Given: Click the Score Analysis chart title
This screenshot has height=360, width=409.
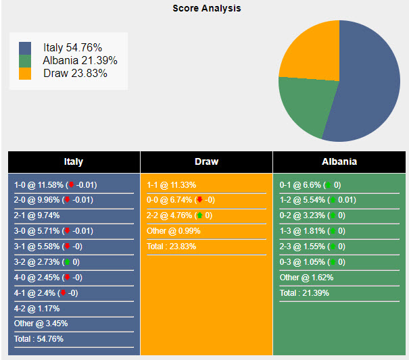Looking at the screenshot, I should coord(206,9).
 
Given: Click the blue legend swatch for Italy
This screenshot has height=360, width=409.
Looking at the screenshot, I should coord(25,48).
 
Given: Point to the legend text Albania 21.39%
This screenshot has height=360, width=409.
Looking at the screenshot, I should coord(80,61).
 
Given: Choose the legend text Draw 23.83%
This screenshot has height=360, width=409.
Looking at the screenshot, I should coord(75,74).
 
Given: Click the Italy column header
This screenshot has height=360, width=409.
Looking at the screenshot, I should coord(74,162).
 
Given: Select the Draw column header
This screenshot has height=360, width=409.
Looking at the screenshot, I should coord(206,162).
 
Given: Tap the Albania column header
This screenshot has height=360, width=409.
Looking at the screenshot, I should coord(339,162).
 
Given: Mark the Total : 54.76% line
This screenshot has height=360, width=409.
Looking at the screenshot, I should coord(39,339).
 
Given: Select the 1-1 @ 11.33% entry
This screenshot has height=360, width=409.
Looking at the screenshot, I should coord(170,184).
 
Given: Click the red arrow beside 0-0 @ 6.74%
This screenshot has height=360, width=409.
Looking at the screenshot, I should coord(199,200).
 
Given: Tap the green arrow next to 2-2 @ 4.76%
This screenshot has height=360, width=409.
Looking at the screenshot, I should coord(199,215).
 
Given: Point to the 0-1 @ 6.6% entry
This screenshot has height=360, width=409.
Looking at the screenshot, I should coord(300,184).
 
